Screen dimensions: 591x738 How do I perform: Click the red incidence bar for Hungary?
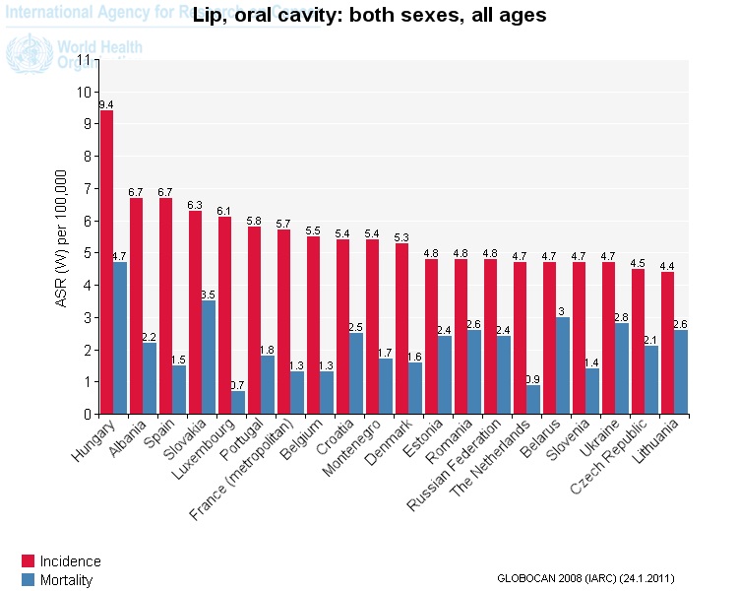(x=106, y=262)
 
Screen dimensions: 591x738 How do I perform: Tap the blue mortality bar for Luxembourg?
(x=238, y=402)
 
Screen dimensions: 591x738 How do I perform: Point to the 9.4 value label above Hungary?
(x=106, y=104)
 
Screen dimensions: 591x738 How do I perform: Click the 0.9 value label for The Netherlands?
(x=533, y=379)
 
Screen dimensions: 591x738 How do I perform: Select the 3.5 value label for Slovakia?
(x=209, y=295)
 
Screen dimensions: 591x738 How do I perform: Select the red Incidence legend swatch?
(x=29, y=561)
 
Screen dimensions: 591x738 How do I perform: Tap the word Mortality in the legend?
(x=67, y=580)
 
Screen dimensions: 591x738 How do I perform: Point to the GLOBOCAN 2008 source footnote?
(x=585, y=577)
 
